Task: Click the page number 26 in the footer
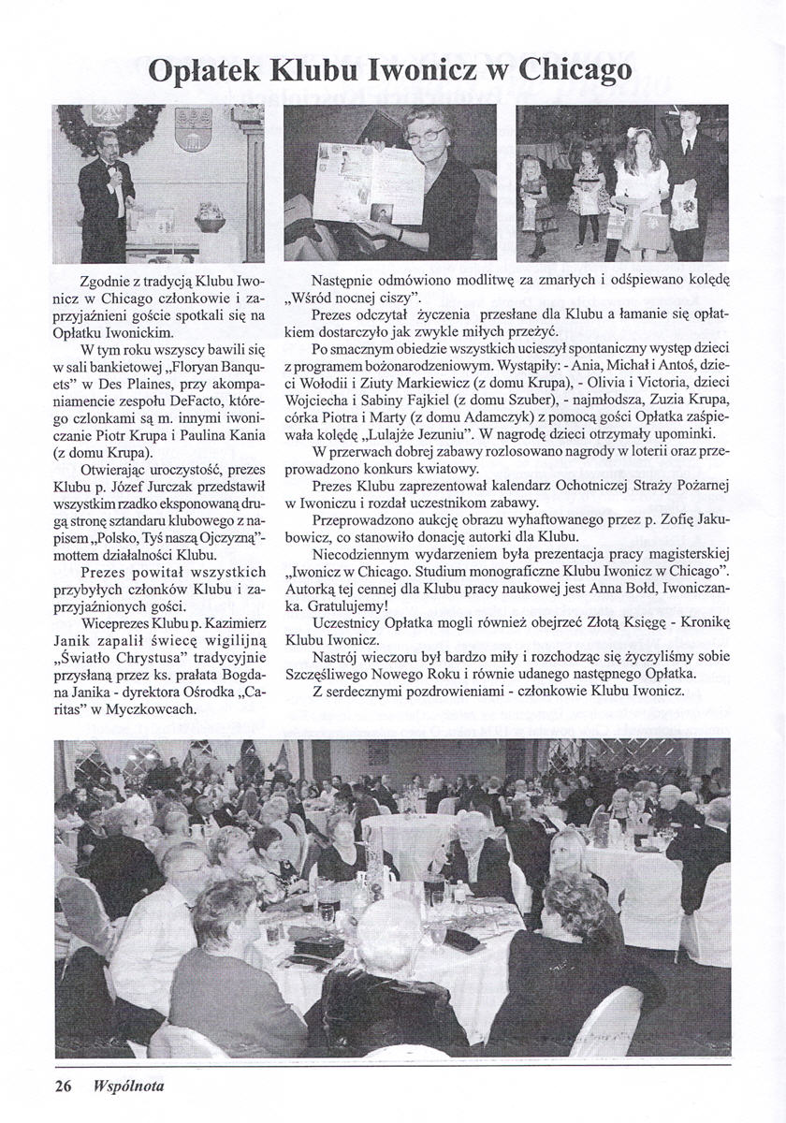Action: click(64, 1087)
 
